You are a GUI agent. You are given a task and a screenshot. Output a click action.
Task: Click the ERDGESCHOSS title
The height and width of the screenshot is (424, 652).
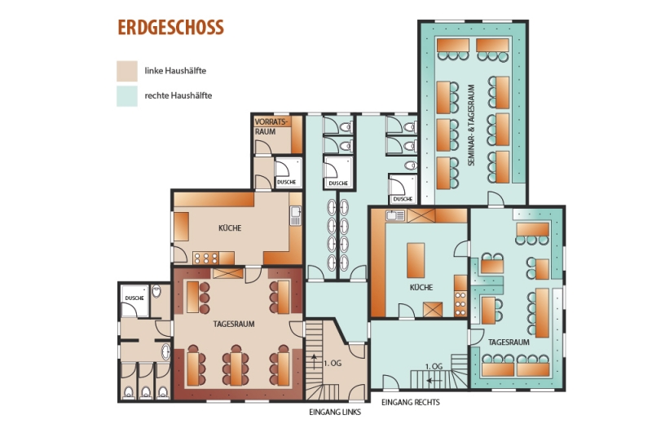click(170, 28)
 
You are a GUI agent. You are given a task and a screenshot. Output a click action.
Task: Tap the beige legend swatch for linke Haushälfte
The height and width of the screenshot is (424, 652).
click(127, 71)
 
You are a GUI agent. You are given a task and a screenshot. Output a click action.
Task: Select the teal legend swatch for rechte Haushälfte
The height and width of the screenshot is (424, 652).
click(127, 96)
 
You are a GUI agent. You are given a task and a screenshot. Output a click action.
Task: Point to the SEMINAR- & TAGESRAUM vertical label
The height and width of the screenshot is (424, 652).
click(471, 126)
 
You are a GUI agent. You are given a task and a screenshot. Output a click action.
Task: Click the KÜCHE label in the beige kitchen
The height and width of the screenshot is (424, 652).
click(230, 228)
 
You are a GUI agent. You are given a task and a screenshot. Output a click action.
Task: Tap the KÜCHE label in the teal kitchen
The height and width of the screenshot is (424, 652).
click(421, 287)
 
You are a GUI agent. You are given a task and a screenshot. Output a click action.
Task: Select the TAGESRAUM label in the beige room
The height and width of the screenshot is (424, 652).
click(234, 324)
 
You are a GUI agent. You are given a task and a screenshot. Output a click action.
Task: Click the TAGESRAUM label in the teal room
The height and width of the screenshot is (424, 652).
click(509, 342)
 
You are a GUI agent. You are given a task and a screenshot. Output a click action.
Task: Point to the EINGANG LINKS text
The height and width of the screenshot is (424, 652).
click(335, 412)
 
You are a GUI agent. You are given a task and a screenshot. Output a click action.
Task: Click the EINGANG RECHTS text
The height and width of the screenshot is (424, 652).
click(411, 402)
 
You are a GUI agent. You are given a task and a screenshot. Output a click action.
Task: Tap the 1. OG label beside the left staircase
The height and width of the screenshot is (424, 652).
click(333, 363)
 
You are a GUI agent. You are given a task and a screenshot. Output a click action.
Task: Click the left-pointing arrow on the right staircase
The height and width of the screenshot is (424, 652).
click(434, 380)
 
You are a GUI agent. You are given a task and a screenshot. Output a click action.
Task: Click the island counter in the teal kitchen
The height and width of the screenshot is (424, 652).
click(416, 260)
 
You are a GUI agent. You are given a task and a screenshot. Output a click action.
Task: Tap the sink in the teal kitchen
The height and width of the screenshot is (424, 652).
click(395, 215)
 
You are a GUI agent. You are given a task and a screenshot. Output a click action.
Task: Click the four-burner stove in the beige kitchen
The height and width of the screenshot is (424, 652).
click(206, 258)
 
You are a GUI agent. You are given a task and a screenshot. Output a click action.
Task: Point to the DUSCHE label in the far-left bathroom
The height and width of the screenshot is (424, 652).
click(134, 298)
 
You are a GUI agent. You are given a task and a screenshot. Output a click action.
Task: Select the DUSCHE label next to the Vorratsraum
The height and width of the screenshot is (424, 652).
click(287, 182)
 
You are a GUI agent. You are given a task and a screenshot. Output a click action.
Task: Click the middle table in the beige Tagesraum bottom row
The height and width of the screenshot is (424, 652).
click(236, 369)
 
